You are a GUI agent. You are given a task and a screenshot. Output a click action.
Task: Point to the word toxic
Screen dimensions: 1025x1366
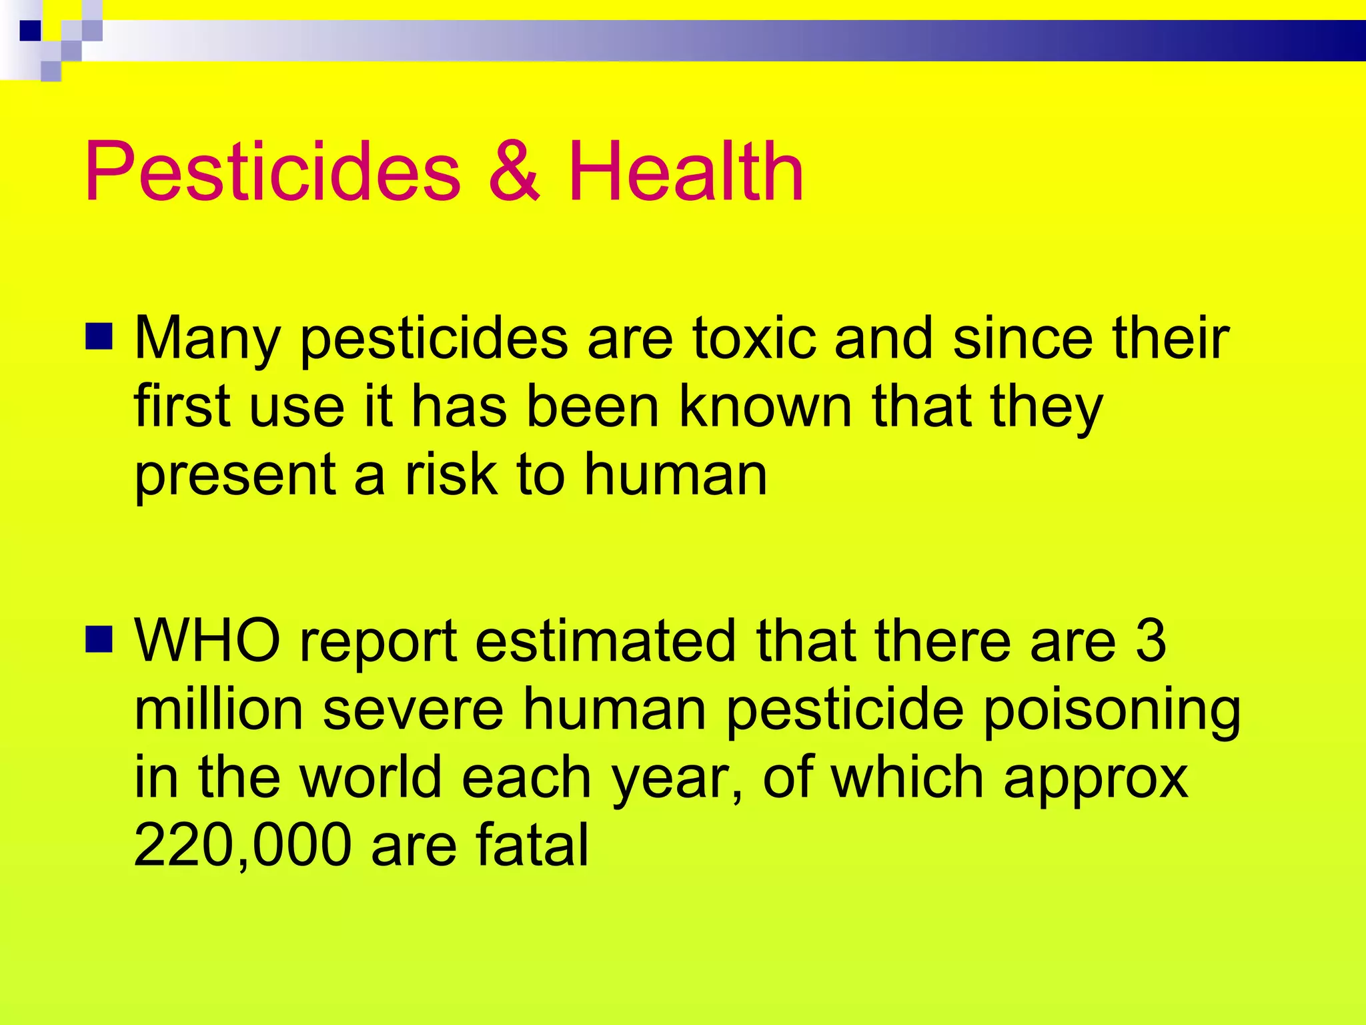[754, 338]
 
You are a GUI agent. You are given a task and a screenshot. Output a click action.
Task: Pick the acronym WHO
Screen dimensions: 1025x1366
[207, 640]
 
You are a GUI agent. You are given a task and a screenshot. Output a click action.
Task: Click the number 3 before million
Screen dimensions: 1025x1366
[1151, 640]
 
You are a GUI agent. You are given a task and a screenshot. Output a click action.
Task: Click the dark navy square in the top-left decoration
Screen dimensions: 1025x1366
[30, 31]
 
